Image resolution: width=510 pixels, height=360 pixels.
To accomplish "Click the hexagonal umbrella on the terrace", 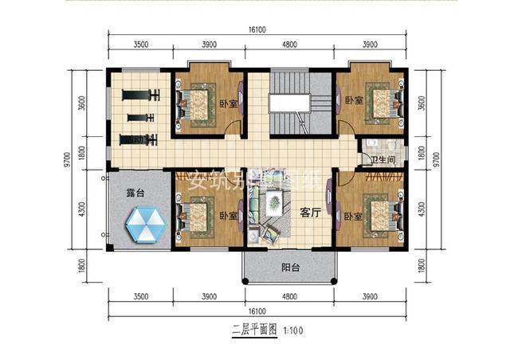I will tap(144, 225).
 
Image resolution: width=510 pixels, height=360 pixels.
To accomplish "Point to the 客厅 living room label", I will tap(309, 213).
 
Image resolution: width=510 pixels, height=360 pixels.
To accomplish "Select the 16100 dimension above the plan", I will tap(257, 29).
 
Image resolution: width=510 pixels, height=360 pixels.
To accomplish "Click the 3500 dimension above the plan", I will tap(140, 46).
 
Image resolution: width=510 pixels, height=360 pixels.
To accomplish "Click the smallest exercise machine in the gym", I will tap(141, 118).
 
